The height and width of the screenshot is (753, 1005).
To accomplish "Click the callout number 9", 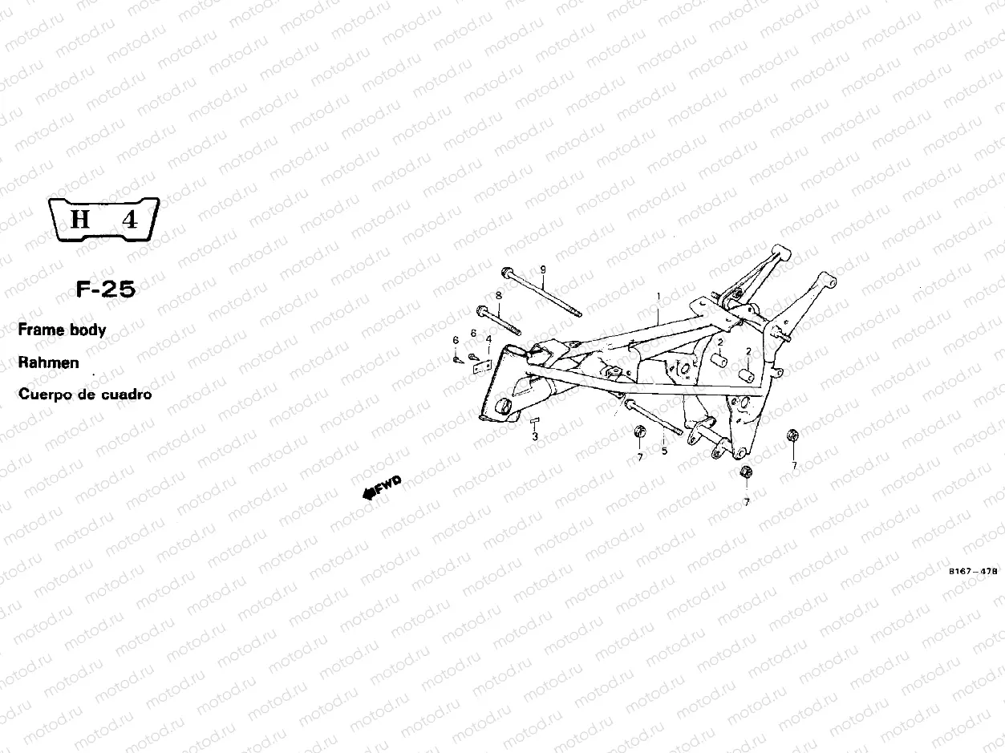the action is coord(543,270).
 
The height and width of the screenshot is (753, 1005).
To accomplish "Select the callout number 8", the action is coord(499,296).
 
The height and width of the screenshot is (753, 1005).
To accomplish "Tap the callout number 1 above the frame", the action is coord(659,297).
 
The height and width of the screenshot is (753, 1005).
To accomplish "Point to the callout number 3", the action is coord(535,437).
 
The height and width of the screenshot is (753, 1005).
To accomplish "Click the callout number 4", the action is coord(488,340).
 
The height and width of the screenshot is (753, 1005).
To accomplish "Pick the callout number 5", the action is coord(664,451).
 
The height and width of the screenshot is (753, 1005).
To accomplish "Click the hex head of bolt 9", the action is coord(507,272).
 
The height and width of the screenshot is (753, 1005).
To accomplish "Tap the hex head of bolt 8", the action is coord(482,311).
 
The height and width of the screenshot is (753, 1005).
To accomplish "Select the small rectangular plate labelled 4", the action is coord(482,366).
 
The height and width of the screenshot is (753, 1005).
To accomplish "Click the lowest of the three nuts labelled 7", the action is coord(746,472).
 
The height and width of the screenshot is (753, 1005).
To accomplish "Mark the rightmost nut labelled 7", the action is coord(792,435).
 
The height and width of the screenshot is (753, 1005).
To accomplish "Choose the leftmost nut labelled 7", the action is coord(639,431).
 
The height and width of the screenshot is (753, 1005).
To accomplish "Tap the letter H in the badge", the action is coord(80,219).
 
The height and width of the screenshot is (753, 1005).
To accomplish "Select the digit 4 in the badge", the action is coord(130,220).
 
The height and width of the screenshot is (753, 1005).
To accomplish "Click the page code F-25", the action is coord(106,289).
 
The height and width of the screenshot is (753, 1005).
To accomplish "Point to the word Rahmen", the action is coord(49,362).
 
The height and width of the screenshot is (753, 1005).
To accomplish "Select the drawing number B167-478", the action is coord(972,571).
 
